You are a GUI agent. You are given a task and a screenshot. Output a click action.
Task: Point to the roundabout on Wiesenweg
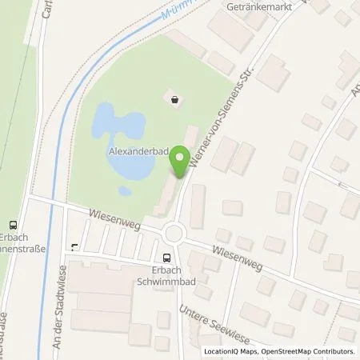click(x=174, y=234)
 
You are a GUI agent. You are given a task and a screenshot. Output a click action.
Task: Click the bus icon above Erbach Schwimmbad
click(x=166, y=258)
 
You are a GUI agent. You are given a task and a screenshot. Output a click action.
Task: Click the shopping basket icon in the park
click(x=174, y=98)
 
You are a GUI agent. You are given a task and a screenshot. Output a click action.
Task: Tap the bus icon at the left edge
click(x=12, y=225)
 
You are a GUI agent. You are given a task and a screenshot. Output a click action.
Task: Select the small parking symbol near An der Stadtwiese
click(x=74, y=246)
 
